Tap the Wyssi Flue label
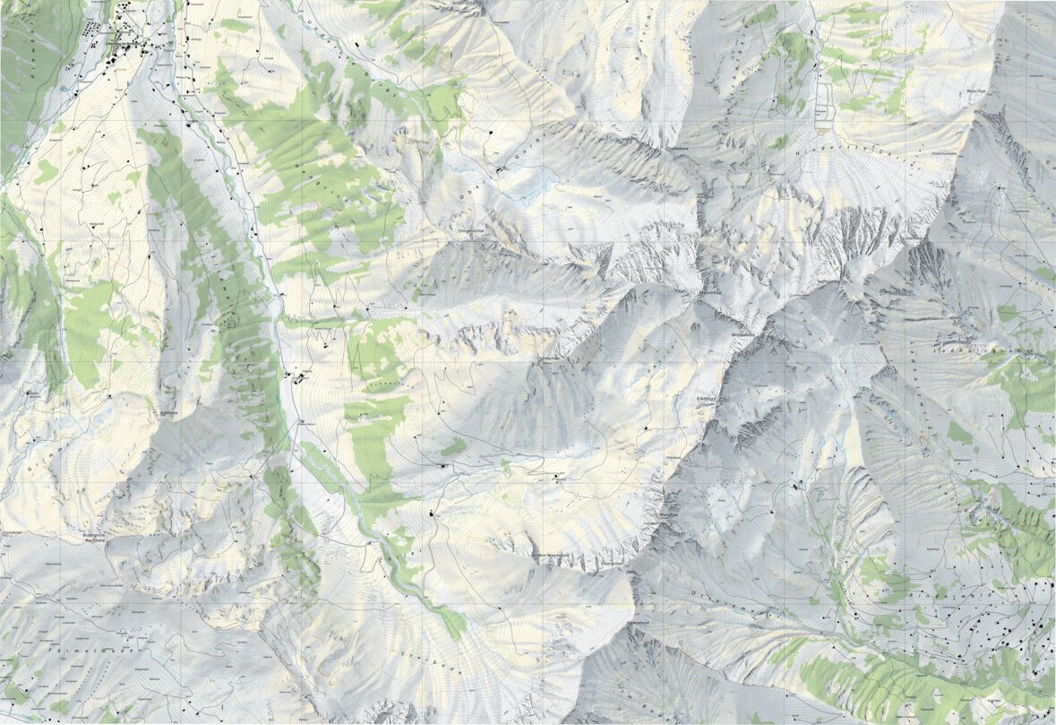click(975, 91)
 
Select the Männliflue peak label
click(710, 292)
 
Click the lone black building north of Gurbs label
click(491, 133)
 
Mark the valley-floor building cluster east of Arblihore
click(296, 378)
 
